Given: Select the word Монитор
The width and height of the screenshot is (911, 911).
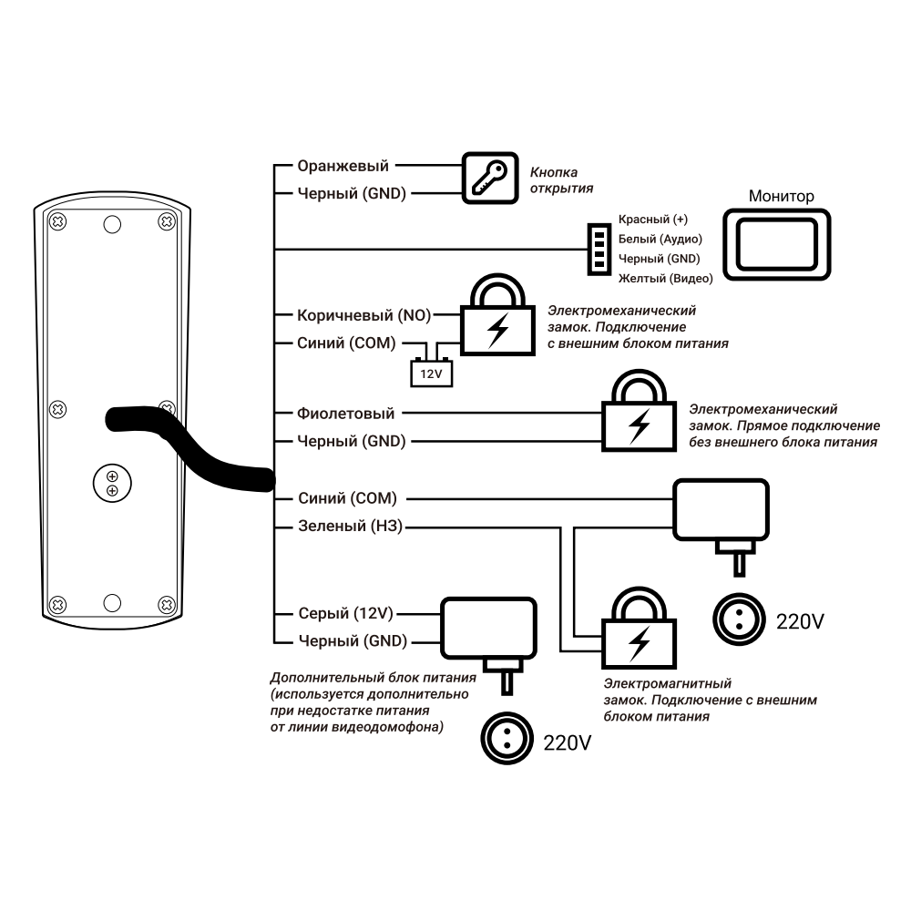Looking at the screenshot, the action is [781, 196].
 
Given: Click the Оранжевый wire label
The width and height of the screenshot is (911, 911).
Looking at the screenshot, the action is [343, 166].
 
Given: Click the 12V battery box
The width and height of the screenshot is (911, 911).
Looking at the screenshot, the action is [429, 372].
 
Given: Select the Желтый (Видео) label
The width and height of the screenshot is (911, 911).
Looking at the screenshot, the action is [665, 278].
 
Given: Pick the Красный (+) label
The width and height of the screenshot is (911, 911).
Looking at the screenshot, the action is [652, 220].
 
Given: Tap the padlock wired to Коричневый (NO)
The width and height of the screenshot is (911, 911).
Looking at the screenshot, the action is [496, 319].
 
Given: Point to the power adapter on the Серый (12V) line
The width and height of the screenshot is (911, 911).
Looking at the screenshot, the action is [488, 629].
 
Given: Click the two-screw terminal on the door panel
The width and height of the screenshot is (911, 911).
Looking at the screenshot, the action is [112, 485].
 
